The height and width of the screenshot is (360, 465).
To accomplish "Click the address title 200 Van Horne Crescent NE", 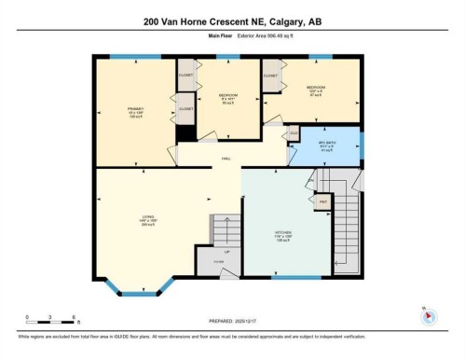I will pos(232,21).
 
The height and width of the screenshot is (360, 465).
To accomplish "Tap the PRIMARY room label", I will pos(136,110).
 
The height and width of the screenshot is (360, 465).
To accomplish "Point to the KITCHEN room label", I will pos(283,234).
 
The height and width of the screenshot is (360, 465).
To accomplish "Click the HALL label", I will pos(226,159).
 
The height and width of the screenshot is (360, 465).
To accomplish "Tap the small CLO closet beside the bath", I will pos(294,133).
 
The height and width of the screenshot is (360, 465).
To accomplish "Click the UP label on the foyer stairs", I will pos(226,252).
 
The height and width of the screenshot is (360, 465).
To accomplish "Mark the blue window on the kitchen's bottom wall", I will pos(296,277).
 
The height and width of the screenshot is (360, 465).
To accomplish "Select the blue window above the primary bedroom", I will pos(136,58).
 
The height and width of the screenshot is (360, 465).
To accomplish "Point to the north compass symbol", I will pos(429,315).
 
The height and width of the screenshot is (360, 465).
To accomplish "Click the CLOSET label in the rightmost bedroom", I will pos(271,75).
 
